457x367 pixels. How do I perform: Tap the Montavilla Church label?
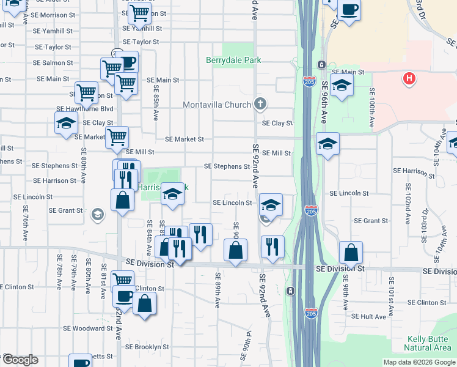(x=217, y=105)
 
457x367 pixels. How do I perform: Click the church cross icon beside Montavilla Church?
(x=260, y=103)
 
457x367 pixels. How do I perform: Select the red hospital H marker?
(x=409, y=79)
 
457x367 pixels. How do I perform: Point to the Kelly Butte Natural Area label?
(x=428, y=343)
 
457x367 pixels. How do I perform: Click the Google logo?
(x=20, y=360)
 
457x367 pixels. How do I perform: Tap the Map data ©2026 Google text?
(x=420, y=362)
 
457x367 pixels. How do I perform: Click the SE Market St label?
(x=184, y=139)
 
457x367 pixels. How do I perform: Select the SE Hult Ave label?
(x=369, y=316)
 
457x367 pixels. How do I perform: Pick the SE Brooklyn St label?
(x=147, y=346)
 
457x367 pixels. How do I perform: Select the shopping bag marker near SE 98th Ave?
(x=351, y=251)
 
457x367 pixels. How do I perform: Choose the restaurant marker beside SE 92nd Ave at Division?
(x=272, y=245)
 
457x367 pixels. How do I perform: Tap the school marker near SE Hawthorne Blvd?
(x=67, y=122)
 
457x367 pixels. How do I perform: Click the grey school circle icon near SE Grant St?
(x=97, y=214)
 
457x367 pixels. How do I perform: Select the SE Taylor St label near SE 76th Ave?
(x=53, y=46)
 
